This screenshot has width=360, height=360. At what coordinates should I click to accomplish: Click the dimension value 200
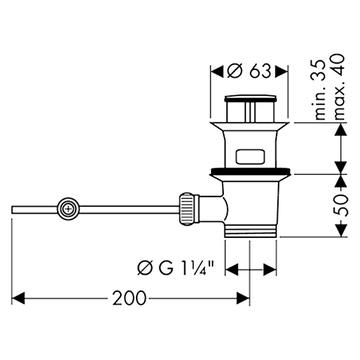click(129, 298)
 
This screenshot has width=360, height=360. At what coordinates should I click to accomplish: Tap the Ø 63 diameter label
click(249, 71)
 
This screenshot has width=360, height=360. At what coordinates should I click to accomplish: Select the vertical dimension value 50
click(342, 205)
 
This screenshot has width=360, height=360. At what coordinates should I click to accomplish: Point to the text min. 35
click(320, 90)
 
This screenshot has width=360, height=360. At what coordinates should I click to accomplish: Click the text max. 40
click(338, 87)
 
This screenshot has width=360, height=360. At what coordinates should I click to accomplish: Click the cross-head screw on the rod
click(69, 209)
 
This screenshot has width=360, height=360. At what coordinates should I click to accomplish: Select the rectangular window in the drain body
click(250, 156)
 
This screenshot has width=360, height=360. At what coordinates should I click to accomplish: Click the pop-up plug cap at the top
click(250, 98)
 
